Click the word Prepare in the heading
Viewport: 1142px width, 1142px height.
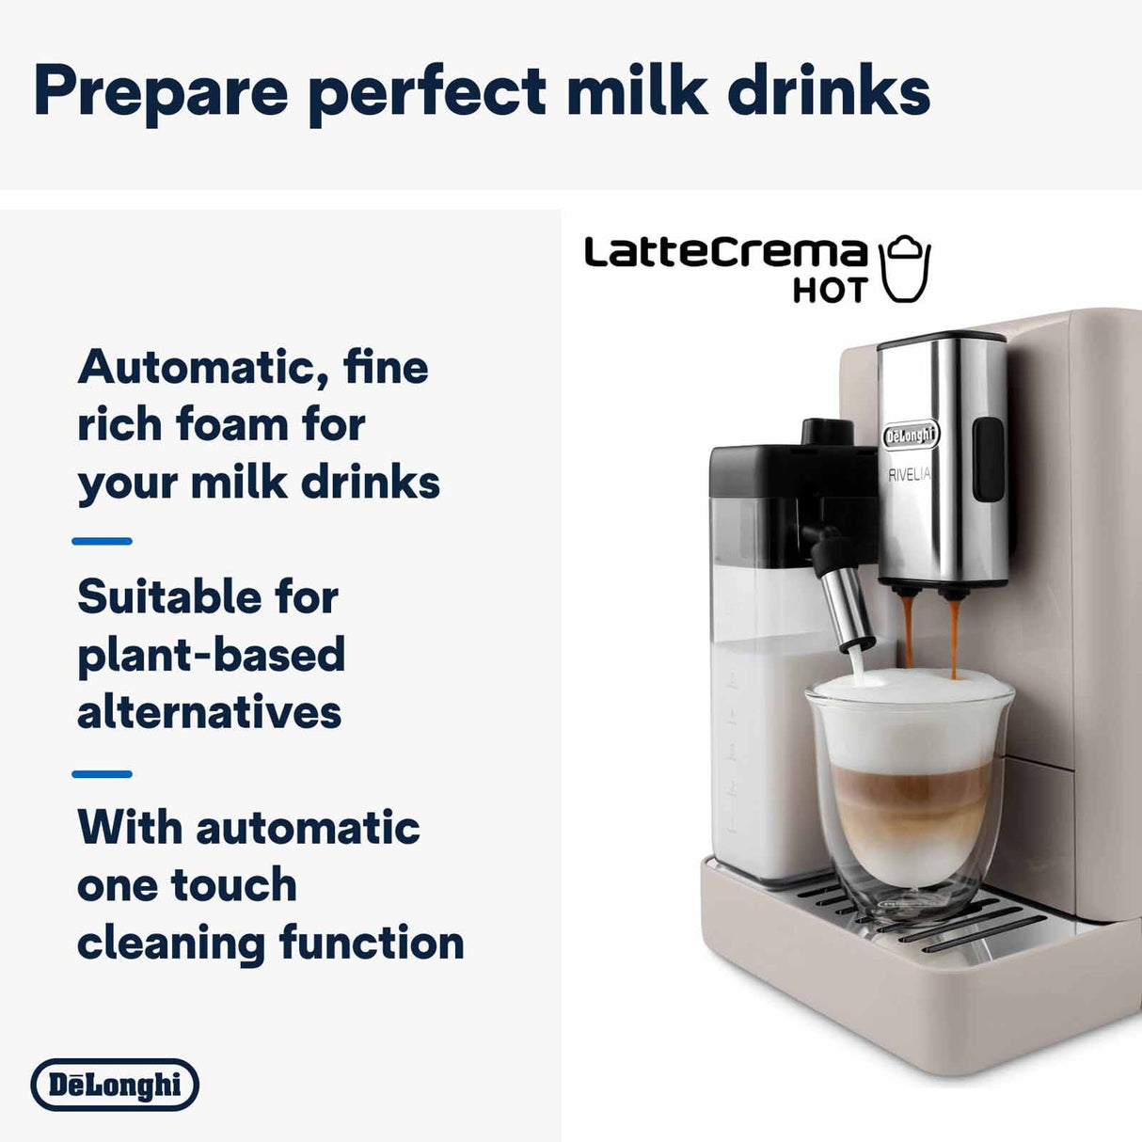160,92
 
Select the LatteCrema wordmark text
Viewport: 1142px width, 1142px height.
725,252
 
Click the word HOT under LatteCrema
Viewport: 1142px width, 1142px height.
829,291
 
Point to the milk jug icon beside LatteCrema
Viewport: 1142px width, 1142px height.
904,269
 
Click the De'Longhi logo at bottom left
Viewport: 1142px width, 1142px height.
115,1085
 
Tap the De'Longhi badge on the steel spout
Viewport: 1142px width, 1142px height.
911,435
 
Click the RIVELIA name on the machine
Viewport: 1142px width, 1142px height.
909,474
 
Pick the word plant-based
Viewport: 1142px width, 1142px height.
212,656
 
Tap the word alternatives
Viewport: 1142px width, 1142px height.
209,712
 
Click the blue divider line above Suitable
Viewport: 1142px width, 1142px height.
102,541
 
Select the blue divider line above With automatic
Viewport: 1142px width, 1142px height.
102,774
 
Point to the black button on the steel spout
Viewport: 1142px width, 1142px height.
987,459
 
